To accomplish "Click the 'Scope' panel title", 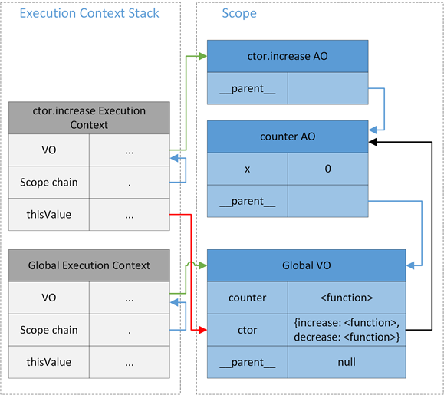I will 239,14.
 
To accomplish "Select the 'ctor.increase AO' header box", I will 288,57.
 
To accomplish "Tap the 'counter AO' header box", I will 288,137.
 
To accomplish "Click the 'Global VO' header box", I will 306,265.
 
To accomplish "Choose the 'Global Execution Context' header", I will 89,265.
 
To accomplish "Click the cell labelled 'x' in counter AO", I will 248,169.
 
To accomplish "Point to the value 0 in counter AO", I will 328,169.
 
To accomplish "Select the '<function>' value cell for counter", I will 347,298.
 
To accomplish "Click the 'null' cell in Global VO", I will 347,362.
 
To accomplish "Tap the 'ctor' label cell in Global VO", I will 248,330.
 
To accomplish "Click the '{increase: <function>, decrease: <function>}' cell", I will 347,330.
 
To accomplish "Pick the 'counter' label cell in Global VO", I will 248,298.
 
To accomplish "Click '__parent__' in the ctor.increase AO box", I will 248,89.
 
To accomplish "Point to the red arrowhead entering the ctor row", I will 202,330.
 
